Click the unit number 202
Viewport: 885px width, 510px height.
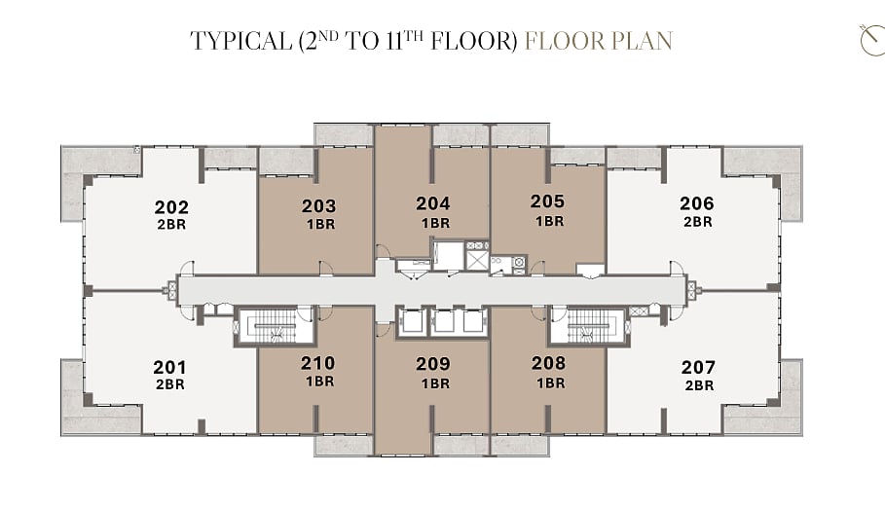(x=171, y=207)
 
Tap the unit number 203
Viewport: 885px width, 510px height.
(x=319, y=206)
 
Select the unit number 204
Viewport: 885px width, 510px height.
(x=433, y=203)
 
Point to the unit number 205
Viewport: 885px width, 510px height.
(x=547, y=201)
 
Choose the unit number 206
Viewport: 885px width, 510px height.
(x=697, y=203)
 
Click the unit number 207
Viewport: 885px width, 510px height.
(x=698, y=367)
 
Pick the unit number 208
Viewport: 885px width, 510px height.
(x=548, y=363)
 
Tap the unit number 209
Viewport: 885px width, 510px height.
(x=433, y=364)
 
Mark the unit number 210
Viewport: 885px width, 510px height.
(x=318, y=363)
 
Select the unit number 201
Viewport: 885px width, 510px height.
(x=169, y=367)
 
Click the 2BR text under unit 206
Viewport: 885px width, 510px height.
(x=698, y=222)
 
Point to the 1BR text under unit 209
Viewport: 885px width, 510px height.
(x=436, y=383)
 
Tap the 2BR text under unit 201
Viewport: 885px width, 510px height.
(x=170, y=384)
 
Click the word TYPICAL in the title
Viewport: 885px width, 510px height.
(x=241, y=41)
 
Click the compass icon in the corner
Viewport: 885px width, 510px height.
(x=872, y=40)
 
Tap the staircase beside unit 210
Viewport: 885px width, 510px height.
(x=275, y=326)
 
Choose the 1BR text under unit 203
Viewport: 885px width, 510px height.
(x=321, y=224)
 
